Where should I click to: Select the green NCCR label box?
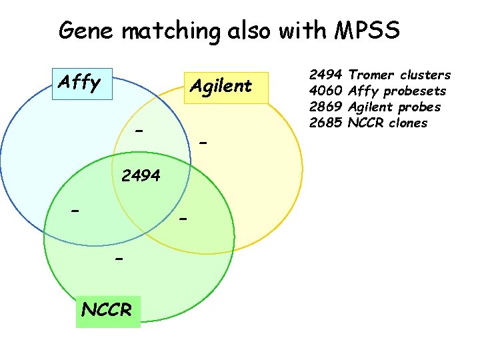[108, 310]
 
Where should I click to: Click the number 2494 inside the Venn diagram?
[141, 176]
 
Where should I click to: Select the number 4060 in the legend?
[326, 91]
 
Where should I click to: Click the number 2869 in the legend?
[326, 107]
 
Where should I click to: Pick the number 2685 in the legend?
[326, 123]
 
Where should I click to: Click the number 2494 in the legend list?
[326, 75]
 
